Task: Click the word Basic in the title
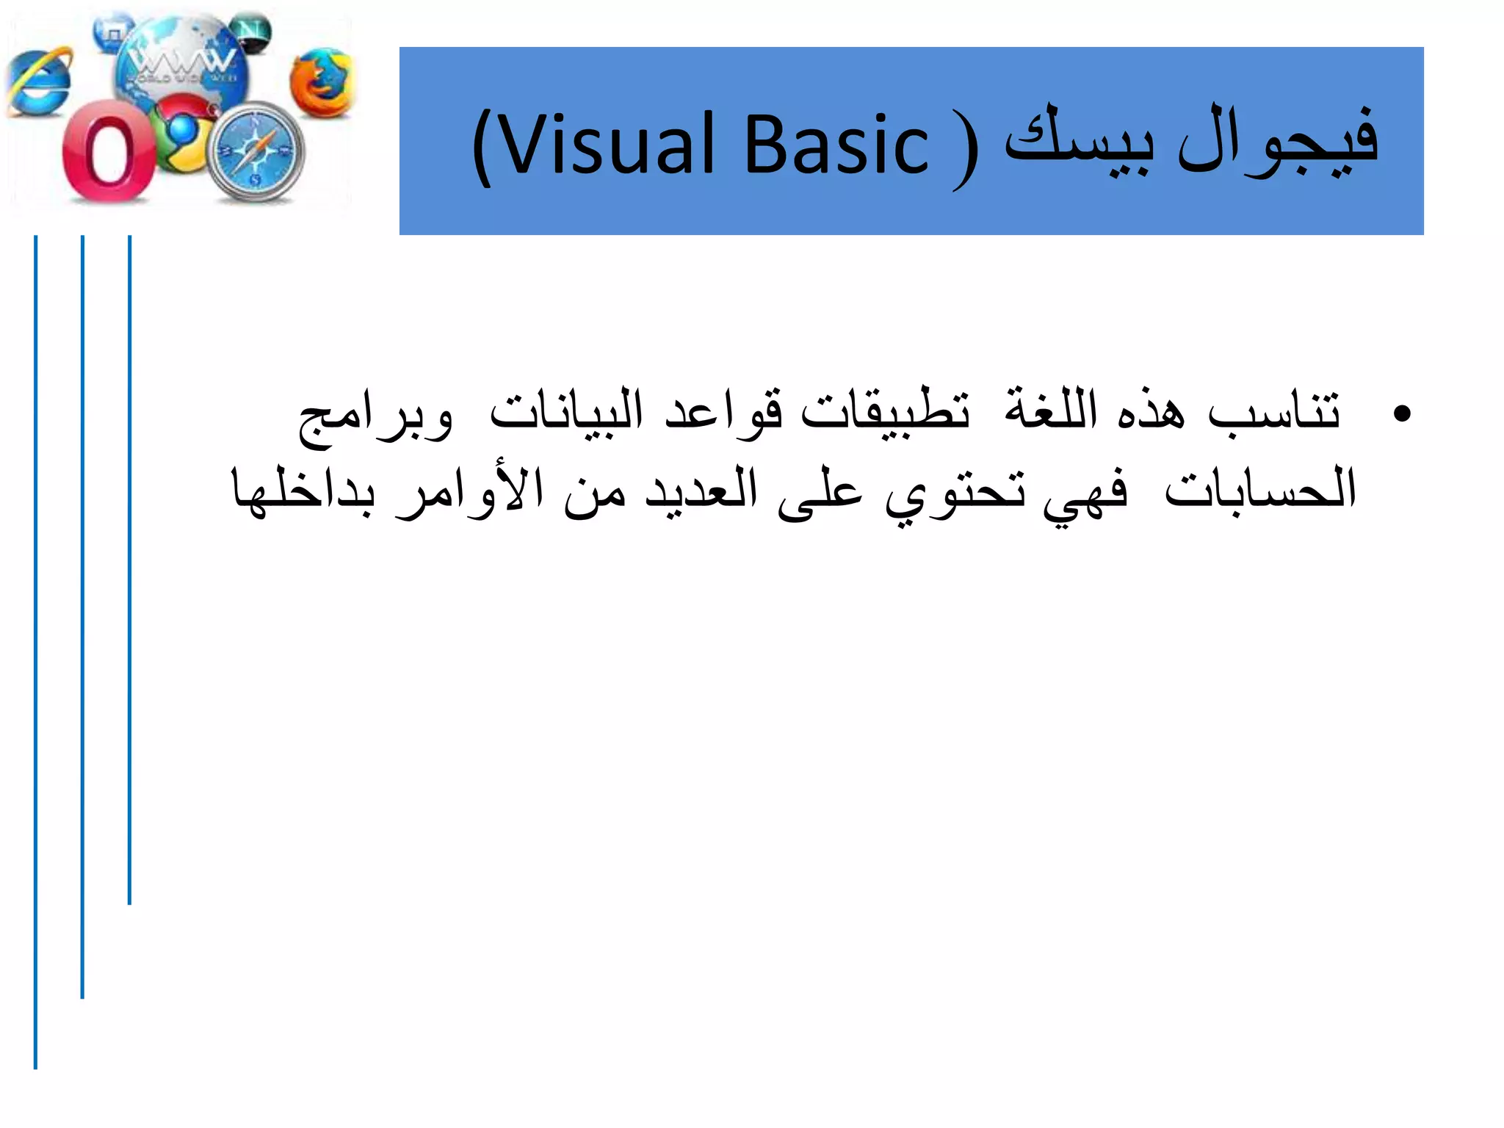point(837,145)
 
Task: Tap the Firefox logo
point(321,83)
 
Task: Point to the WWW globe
point(180,62)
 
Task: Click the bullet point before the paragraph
point(1401,414)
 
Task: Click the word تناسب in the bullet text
point(1274,411)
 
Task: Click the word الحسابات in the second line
point(1259,489)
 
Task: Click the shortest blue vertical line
point(130,569)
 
